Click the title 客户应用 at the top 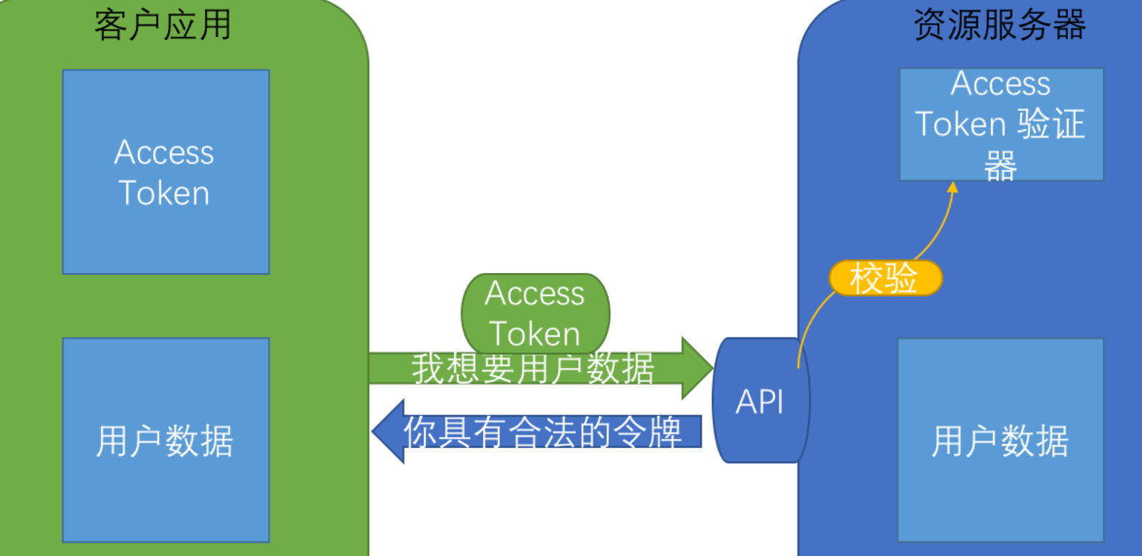click(x=163, y=25)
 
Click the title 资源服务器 click(x=999, y=25)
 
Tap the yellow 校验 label click(x=885, y=278)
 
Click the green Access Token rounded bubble click(x=535, y=305)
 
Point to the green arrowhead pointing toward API click(x=696, y=368)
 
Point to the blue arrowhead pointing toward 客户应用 click(x=389, y=431)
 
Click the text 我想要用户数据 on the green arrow click(x=532, y=368)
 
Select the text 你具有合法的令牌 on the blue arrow click(x=543, y=432)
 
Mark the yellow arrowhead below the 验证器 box click(x=952, y=187)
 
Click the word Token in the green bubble click(x=535, y=334)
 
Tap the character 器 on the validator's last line click(x=1000, y=165)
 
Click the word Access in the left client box click(x=164, y=152)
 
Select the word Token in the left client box click(x=164, y=193)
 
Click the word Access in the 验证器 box click(x=1000, y=84)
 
